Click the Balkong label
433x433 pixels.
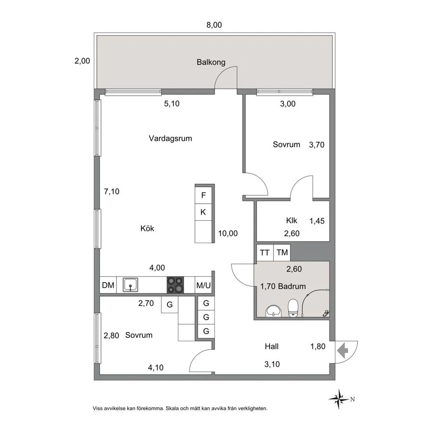pos(211,62)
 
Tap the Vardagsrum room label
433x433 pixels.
pos(170,138)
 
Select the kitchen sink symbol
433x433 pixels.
pos(131,285)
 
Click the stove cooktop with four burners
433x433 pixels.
pos(175,285)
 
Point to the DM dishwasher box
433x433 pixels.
pos(108,285)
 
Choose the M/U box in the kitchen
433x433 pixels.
pos(203,285)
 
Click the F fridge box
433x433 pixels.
pos(203,195)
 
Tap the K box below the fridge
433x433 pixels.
pos(203,212)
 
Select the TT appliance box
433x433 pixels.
pos(265,253)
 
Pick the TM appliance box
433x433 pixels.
pos(282,253)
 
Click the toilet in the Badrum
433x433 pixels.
pos(293,308)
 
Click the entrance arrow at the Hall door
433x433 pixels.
pos(343,351)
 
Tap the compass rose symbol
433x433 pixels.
pos(339,399)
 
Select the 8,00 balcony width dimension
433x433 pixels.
pos(214,25)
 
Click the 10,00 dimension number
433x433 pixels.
pos(228,233)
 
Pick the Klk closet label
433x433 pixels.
pos(292,221)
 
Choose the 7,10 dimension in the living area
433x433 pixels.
pos(112,192)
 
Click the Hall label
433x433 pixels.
pos(272,346)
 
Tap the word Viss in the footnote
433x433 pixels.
pos(97,408)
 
